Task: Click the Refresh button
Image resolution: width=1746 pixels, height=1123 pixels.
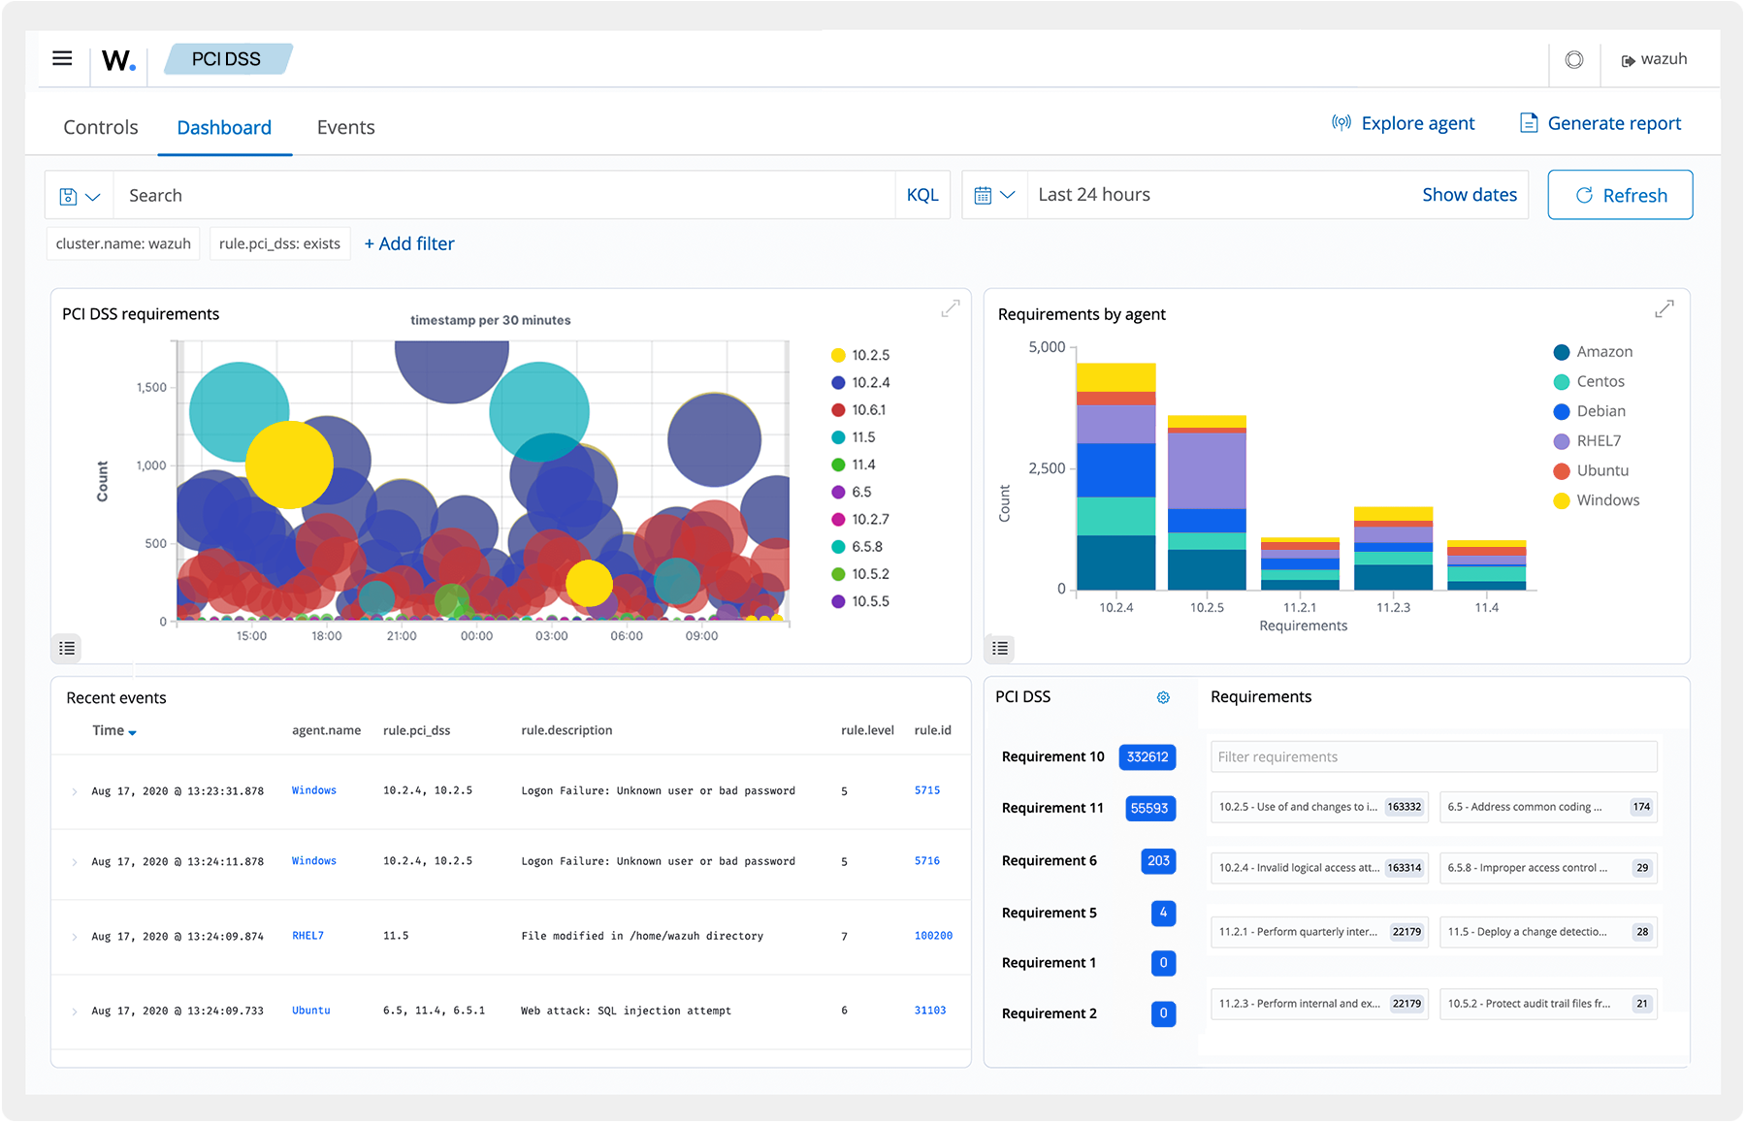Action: pos(1620,195)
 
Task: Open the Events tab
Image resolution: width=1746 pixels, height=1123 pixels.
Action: pos(345,127)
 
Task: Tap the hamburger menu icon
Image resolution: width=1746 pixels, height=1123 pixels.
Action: pos(62,58)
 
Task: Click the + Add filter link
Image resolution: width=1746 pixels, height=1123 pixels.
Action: pos(409,243)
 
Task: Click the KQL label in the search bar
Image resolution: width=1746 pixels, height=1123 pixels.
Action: pos(921,195)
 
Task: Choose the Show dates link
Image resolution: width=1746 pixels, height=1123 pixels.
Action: pos(1469,195)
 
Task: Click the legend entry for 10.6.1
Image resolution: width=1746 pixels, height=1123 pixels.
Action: pos(867,410)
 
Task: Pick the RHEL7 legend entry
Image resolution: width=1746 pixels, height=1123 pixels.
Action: pos(1598,441)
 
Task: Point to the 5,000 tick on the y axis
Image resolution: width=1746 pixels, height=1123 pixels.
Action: pos(1047,347)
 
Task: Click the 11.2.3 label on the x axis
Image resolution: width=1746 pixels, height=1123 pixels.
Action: pos(1393,608)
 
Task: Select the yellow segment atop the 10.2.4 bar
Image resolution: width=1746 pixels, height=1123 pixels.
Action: pos(1115,376)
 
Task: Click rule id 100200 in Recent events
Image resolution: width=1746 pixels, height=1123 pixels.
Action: pos(932,936)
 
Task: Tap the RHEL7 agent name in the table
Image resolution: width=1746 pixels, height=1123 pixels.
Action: pos(307,936)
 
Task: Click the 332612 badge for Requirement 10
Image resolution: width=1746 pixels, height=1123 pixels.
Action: pos(1148,757)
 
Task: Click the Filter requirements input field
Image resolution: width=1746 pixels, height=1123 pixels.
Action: pos(1433,757)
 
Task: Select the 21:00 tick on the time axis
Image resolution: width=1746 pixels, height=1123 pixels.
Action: pos(402,636)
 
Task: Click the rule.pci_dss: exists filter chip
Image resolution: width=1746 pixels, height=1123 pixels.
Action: pos(279,243)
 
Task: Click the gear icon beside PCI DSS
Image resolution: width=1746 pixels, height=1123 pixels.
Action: pos(1163,697)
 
